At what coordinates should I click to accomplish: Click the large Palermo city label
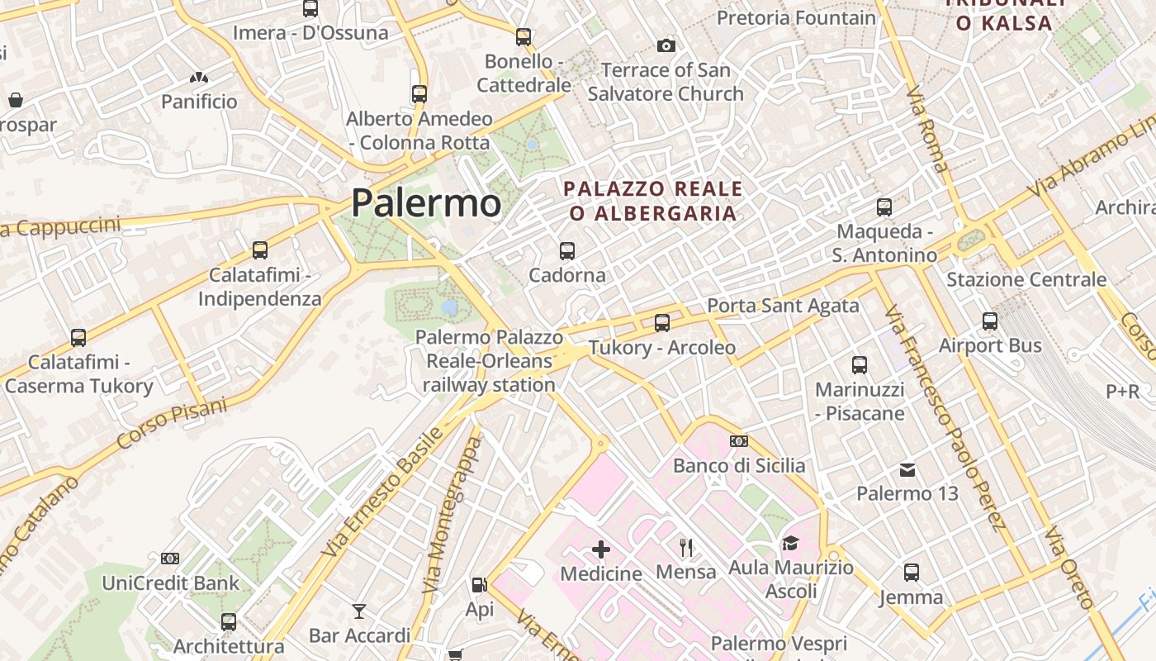tap(426, 203)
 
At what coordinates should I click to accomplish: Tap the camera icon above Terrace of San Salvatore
tap(666, 45)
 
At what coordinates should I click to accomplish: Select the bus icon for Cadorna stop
tap(566, 250)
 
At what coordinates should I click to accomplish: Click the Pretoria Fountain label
tap(796, 17)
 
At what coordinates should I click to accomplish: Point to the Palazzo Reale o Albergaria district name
tap(652, 202)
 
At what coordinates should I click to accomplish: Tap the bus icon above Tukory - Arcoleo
tap(661, 322)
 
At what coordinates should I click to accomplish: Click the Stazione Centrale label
tap(1026, 279)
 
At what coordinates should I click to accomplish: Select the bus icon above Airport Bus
tap(990, 321)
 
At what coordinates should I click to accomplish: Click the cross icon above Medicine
tap(601, 549)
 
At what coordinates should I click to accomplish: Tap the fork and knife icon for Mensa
tap(685, 547)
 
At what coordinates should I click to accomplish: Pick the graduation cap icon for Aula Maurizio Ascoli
tap(790, 543)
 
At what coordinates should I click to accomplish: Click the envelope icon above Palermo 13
tap(907, 470)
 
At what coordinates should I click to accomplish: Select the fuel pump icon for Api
tap(479, 585)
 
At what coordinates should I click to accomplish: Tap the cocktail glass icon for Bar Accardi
tap(359, 611)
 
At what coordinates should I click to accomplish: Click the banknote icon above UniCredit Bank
tap(170, 559)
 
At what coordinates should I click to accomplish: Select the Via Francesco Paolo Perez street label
tap(945, 417)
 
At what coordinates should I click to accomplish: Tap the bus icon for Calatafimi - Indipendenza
tap(259, 250)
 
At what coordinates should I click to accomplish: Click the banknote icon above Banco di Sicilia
tap(739, 441)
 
